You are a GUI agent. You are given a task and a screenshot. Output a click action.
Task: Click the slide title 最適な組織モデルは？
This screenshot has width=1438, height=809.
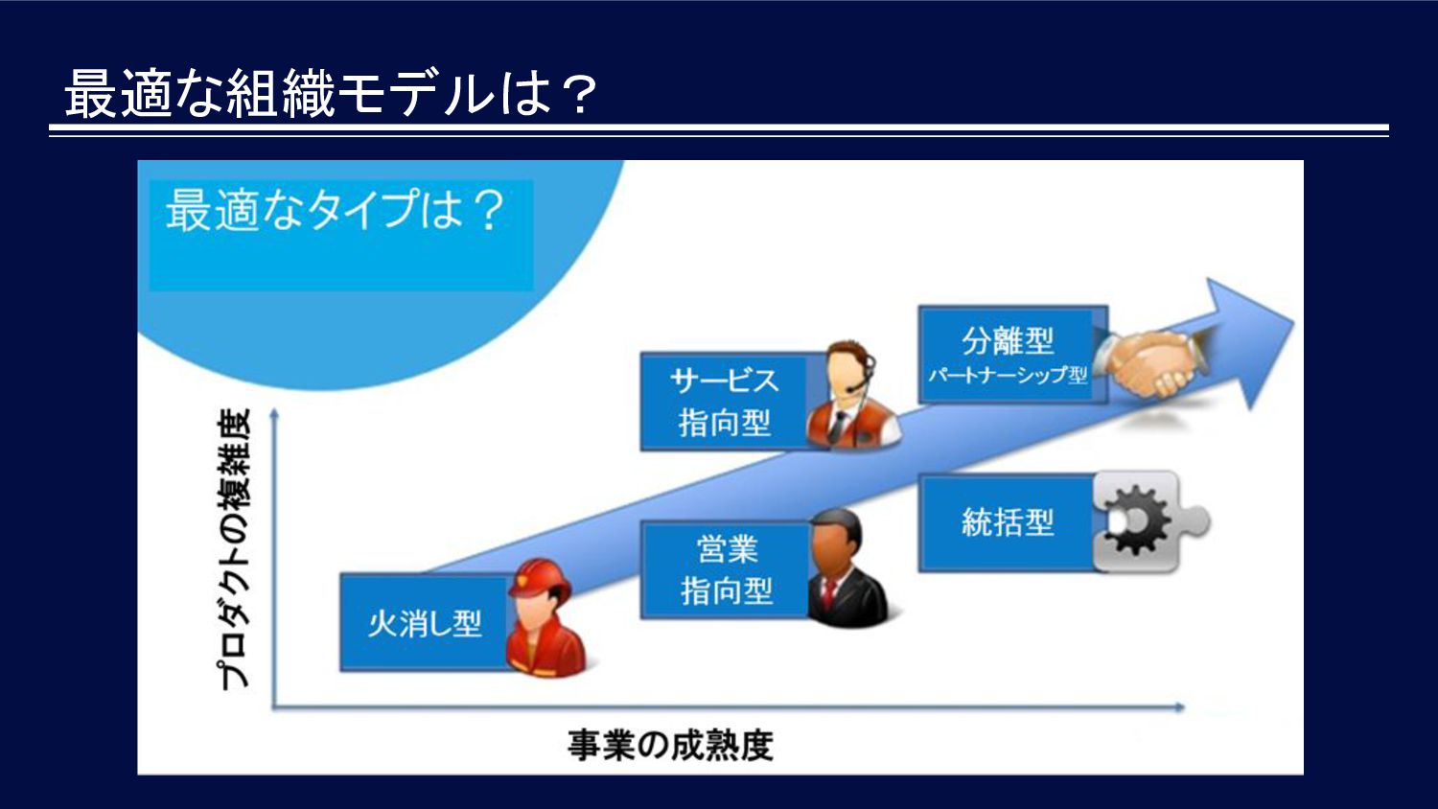tap(331, 94)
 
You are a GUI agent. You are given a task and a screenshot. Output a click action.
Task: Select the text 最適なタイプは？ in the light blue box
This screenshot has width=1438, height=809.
tap(336, 209)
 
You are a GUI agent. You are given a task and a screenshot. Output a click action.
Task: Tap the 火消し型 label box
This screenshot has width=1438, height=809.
tap(425, 623)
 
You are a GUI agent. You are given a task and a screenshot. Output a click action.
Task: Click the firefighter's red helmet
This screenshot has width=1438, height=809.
tap(540, 578)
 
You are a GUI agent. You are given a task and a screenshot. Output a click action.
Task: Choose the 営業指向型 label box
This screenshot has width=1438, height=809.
tap(726, 570)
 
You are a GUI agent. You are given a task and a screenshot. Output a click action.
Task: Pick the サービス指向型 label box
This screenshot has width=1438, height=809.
tap(725, 402)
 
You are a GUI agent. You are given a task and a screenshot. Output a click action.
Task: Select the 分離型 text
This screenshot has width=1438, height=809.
tap(1008, 340)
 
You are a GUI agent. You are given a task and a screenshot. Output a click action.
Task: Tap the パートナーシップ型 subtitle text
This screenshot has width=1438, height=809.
tap(1008, 375)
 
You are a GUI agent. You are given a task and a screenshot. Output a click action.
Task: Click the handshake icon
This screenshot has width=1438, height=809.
tap(1151, 362)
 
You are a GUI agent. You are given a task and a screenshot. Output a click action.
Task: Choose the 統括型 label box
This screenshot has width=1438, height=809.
tap(1008, 522)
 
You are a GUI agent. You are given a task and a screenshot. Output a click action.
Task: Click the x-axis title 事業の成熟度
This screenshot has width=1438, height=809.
tap(670, 746)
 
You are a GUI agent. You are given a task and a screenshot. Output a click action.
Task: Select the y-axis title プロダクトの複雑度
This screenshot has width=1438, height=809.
tap(234, 549)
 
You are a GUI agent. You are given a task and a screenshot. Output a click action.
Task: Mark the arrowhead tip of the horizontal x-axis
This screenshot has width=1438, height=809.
tap(1185, 706)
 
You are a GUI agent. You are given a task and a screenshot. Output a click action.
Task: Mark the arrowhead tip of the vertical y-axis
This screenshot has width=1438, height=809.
tap(274, 408)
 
